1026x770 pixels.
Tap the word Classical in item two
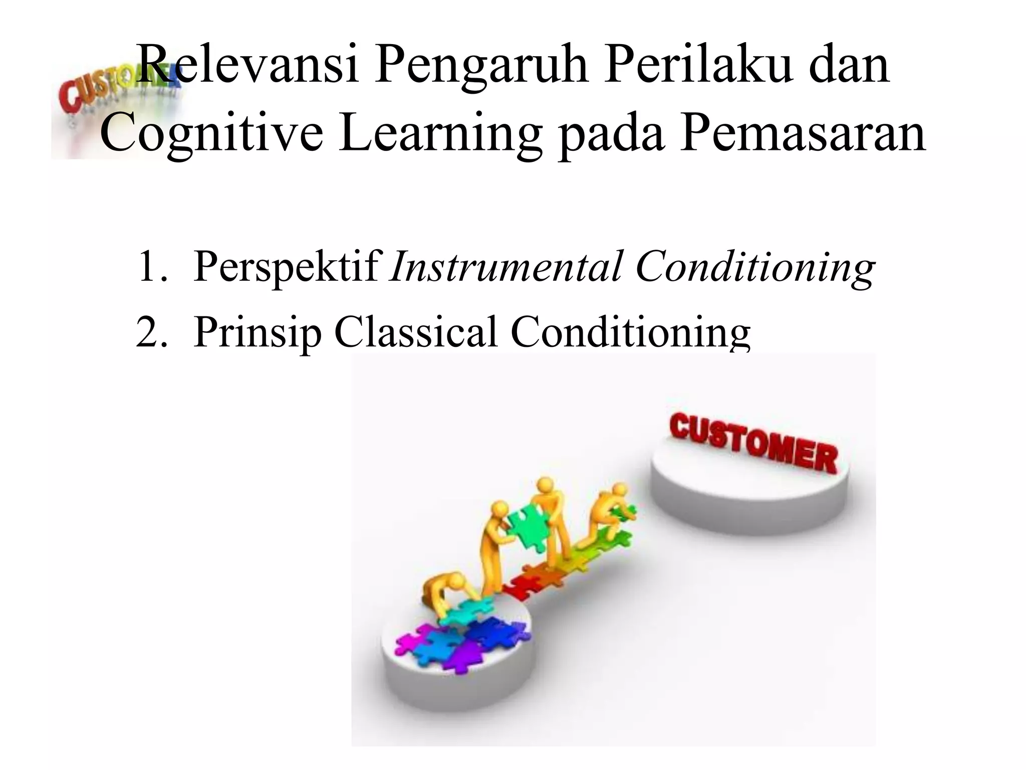pos(416,331)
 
